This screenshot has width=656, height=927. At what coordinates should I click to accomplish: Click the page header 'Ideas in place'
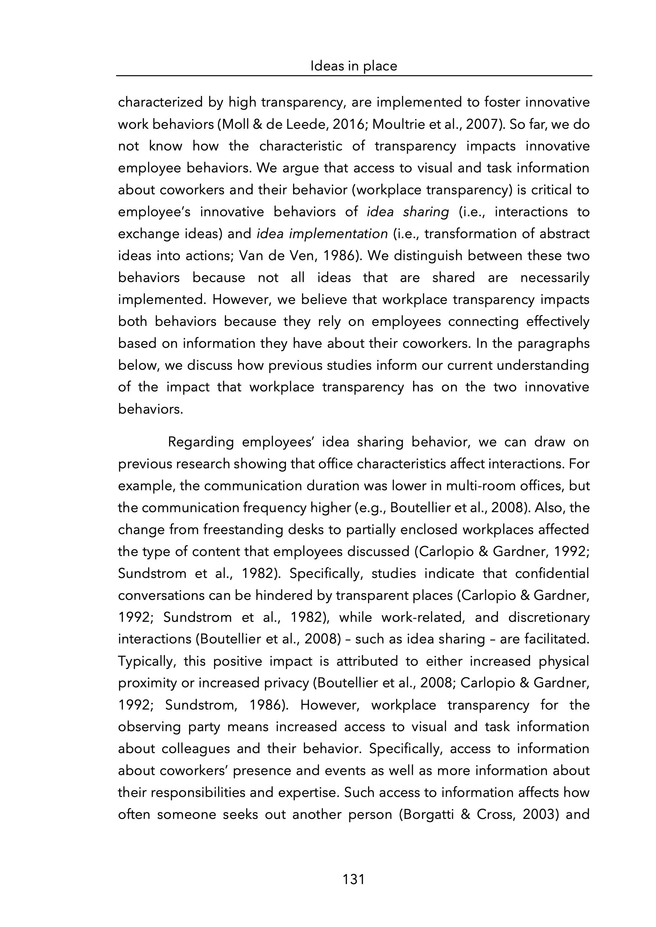coord(353,66)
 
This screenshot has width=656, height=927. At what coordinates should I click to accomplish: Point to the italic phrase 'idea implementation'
coord(322,234)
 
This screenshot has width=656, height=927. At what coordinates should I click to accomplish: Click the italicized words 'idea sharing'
coord(408,212)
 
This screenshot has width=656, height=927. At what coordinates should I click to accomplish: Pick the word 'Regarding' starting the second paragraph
coord(201,442)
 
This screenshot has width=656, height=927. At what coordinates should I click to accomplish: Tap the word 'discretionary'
coord(549,617)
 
